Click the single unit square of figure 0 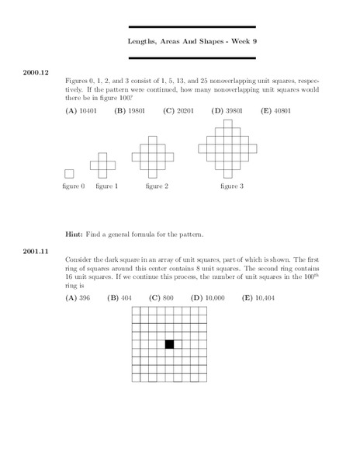70,174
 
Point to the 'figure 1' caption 107,186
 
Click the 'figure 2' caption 156,186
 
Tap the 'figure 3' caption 231,186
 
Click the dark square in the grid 169,344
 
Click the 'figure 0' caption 72,186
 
